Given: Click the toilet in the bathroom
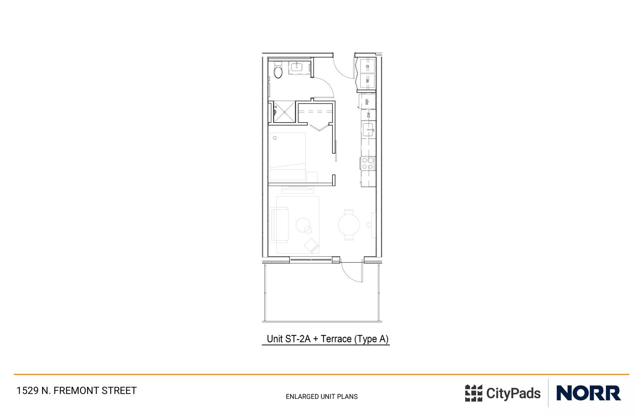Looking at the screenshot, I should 278,71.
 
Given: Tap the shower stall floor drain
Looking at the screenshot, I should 285,112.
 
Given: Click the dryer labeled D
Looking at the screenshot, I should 367,66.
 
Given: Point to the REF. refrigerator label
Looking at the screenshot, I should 367,101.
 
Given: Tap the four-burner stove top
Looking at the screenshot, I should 368,163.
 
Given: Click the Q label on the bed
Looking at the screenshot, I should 275,138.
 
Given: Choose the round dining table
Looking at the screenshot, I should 349,225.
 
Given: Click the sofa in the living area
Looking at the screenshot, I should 279,225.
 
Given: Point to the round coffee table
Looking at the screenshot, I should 303,225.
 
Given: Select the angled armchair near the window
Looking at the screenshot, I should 312,245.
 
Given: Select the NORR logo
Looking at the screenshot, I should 588,393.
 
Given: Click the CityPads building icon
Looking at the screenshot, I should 473,393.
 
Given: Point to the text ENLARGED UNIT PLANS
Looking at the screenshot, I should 322,397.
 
